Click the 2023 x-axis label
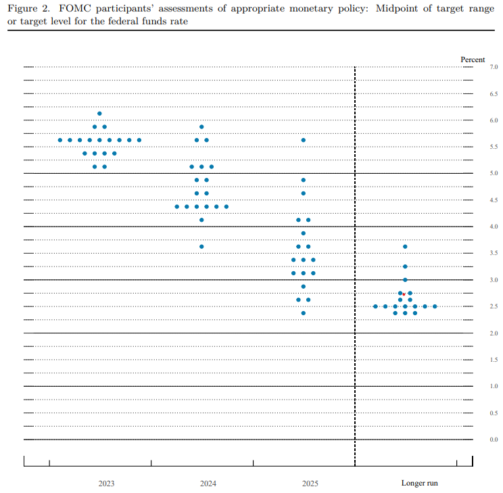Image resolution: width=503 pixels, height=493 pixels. (106, 484)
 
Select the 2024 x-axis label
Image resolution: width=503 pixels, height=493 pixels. (208, 484)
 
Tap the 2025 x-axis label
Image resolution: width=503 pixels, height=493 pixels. (310, 484)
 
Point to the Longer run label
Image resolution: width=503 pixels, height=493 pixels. (419, 484)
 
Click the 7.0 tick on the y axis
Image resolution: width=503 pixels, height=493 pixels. (494, 68)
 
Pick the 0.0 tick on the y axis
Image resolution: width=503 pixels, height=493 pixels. (494, 440)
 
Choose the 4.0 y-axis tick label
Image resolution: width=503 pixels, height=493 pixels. (494, 227)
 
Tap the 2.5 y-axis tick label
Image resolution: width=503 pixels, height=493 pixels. (494, 306)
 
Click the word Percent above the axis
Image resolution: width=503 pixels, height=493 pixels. (473, 60)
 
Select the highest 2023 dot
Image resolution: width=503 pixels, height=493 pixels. (99, 114)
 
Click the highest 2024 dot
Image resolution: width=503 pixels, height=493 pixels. (201, 126)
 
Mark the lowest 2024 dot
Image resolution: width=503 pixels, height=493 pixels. (201, 246)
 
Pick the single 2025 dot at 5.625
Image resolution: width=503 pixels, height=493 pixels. (304, 140)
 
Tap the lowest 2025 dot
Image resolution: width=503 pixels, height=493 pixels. (304, 313)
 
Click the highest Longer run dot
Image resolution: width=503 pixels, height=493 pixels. (405, 246)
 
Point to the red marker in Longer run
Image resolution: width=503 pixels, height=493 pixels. (404, 294)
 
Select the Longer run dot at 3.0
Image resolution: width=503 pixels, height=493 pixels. (405, 279)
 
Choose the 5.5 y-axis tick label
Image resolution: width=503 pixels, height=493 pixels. (494, 147)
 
